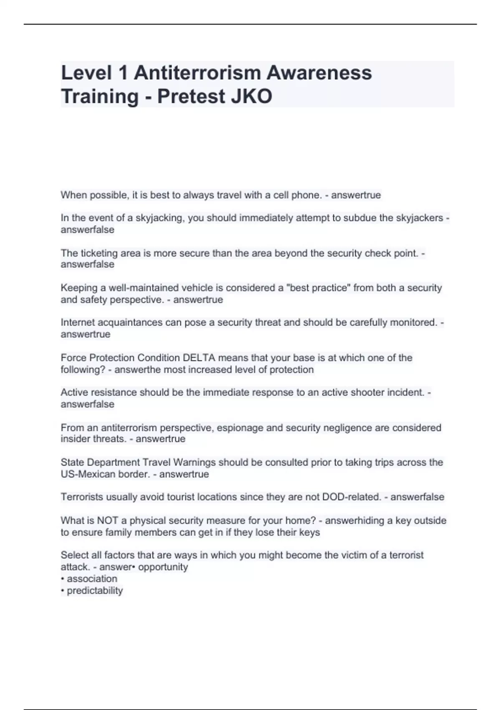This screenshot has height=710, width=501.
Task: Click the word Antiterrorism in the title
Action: click(x=197, y=73)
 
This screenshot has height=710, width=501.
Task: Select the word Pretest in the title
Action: click(x=191, y=96)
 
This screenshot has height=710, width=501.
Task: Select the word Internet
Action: click(x=78, y=322)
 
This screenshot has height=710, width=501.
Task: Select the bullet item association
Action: click(x=92, y=579)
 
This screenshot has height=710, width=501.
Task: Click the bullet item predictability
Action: click(x=95, y=591)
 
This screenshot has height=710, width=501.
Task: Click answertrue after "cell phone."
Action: click(x=356, y=195)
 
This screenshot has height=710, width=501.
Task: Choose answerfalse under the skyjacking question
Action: click(x=87, y=230)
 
